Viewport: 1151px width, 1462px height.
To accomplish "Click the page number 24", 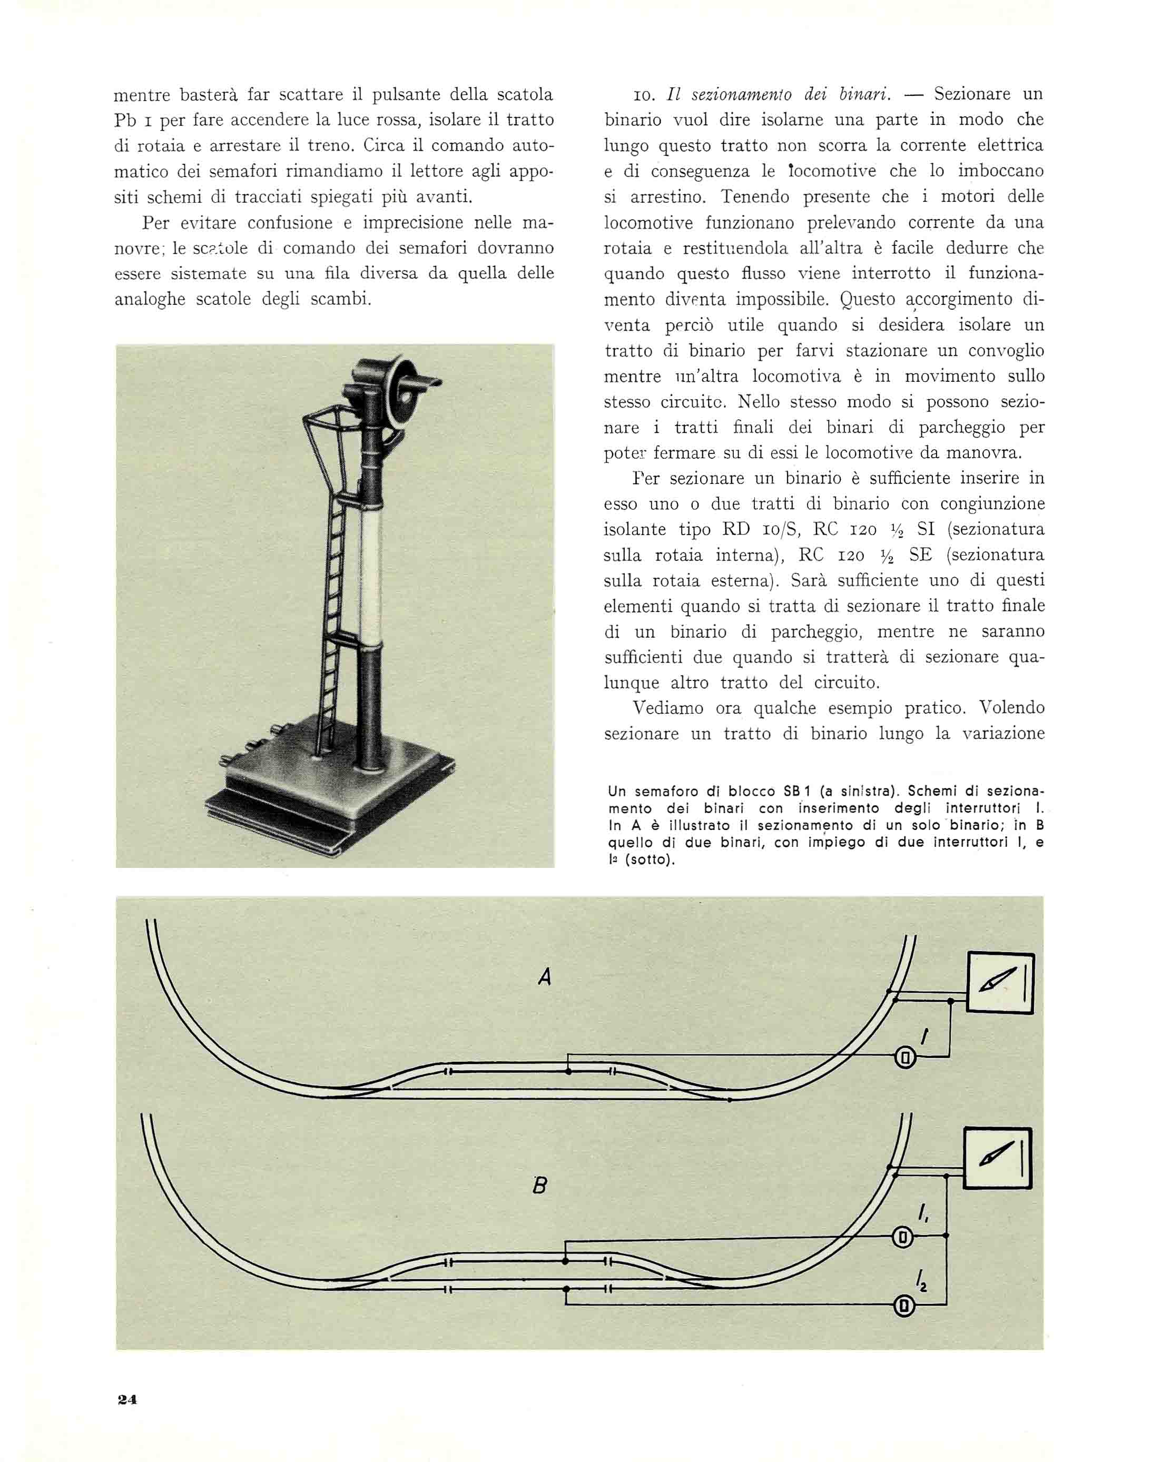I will pos(127,1399).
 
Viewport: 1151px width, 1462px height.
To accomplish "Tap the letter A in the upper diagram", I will pos(545,977).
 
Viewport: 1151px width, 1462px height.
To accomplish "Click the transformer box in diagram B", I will pos(997,1159).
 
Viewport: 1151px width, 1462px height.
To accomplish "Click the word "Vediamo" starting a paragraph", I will pos(668,708).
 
